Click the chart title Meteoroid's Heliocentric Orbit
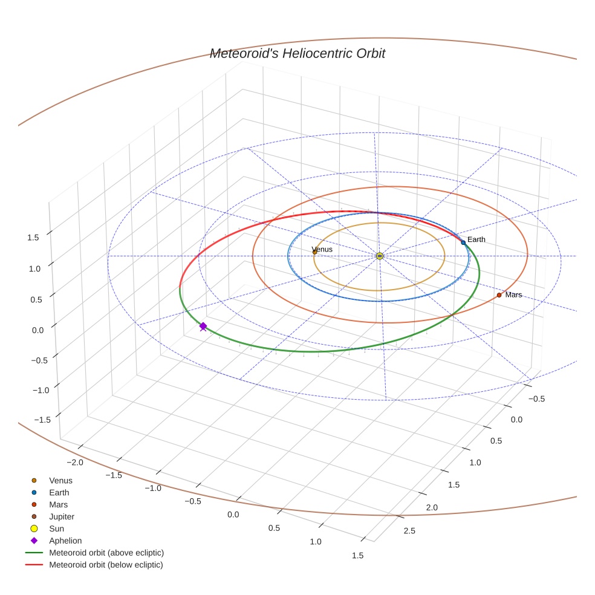[x=297, y=54]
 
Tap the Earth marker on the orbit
[x=463, y=242]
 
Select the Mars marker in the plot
[x=499, y=295]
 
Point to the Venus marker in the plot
[x=314, y=252]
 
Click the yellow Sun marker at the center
[x=380, y=256]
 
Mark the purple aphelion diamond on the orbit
[x=203, y=326]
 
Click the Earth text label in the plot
[x=476, y=240]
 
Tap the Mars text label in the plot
[x=513, y=295]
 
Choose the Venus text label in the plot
[x=322, y=249]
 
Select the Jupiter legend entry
[x=62, y=516]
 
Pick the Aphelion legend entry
[x=65, y=541]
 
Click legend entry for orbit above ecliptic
[x=106, y=553]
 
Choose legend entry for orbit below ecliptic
[x=106, y=565]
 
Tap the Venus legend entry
[x=60, y=481]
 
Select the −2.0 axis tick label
[x=75, y=463]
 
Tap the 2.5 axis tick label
[x=409, y=532]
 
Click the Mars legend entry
[x=58, y=504]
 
